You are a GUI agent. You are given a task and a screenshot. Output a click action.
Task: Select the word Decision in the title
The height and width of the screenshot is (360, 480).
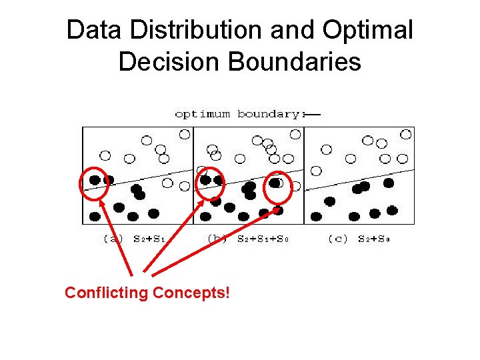tap(169, 61)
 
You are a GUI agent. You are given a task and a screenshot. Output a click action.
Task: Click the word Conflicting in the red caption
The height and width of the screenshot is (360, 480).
tap(106, 293)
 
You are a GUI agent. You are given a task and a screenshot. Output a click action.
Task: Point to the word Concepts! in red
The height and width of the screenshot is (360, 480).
tap(191, 293)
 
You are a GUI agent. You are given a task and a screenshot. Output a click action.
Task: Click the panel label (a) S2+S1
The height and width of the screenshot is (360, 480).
tap(134, 238)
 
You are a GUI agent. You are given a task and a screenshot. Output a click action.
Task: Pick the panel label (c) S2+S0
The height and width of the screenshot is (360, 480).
tap(359, 238)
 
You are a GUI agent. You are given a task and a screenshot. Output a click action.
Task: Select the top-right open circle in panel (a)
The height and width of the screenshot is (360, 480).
tap(185, 134)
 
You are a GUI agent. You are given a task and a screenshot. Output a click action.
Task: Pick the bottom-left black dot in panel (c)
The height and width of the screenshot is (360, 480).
tap(316, 216)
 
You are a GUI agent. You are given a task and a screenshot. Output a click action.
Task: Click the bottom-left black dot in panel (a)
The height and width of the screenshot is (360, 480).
tap(95, 216)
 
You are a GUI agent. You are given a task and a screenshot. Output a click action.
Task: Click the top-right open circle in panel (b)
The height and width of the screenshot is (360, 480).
tap(295, 134)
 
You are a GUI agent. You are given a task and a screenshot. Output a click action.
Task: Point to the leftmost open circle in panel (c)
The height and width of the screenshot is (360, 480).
tap(317, 171)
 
